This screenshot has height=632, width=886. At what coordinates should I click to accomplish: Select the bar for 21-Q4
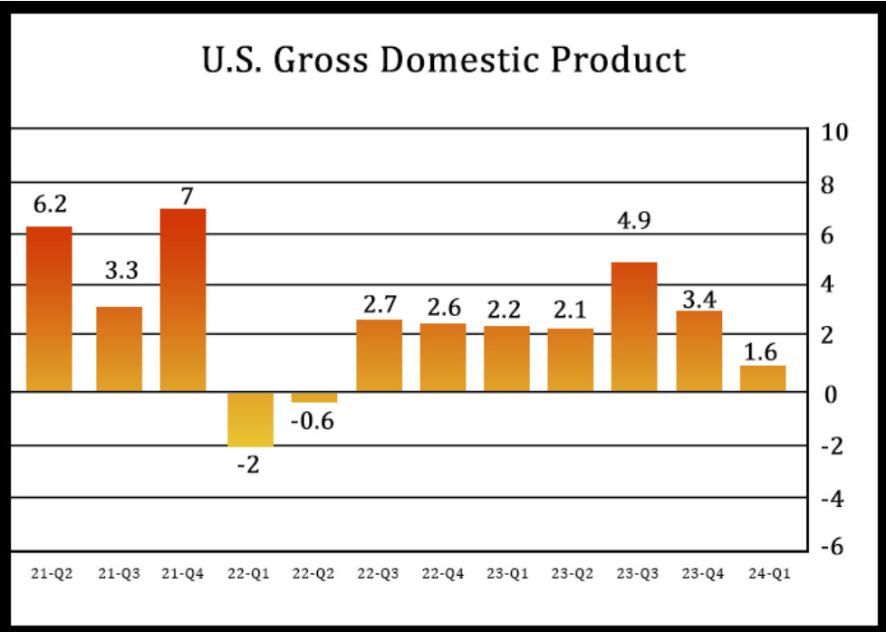(183, 300)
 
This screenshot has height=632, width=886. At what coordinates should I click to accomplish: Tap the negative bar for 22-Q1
(250, 419)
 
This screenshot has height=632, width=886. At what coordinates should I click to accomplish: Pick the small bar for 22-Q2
(313, 397)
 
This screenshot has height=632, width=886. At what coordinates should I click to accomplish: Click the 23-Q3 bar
(634, 327)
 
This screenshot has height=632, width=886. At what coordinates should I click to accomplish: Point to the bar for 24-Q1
(763, 378)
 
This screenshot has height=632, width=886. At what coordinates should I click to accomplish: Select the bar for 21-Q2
(49, 309)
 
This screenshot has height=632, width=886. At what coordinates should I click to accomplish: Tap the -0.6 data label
(313, 422)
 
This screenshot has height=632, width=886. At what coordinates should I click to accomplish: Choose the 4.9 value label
(633, 222)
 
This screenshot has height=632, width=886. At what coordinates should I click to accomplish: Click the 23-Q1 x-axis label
(506, 573)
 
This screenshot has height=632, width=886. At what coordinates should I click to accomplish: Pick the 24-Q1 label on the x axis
(762, 573)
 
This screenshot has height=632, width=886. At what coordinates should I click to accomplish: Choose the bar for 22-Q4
(442, 357)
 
